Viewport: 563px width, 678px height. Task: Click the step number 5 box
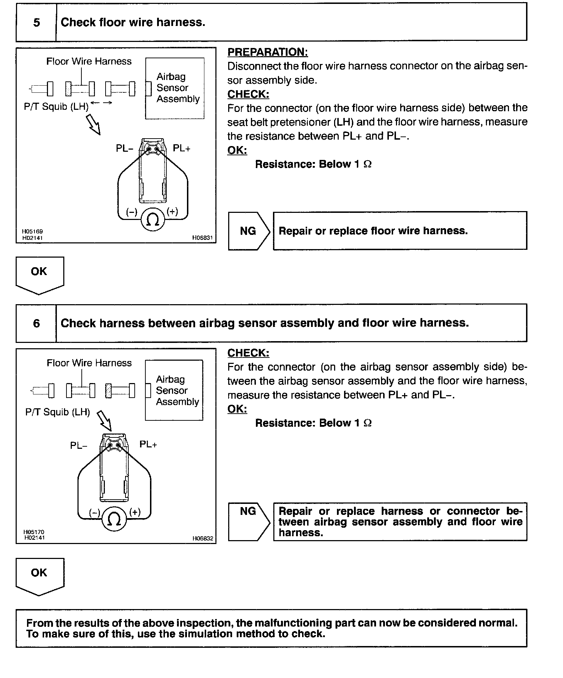pos(36,23)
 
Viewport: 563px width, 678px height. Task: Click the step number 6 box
pos(36,323)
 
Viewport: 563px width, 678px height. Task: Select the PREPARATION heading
pos(267,52)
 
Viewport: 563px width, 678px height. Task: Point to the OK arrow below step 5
pos(39,274)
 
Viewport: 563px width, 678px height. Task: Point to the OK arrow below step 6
pos(39,576)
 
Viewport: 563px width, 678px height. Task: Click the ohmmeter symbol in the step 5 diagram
pos(153,220)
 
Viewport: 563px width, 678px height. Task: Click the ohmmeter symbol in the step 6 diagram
pos(114,520)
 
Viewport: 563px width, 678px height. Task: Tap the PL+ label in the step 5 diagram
pos(181,149)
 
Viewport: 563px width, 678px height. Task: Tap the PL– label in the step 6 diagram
pos(79,446)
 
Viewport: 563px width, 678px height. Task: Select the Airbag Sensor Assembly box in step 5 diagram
pos(175,88)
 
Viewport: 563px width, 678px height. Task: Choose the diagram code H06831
pos(202,238)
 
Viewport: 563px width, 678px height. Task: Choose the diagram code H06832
pos(203,538)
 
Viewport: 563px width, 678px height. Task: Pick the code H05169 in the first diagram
pos(32,231)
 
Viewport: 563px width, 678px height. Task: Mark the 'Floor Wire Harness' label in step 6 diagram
pos(89,363)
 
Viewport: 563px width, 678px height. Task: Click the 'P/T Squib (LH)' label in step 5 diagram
pos(56,107)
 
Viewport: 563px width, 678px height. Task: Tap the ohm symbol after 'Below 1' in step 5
pos(368,164)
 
